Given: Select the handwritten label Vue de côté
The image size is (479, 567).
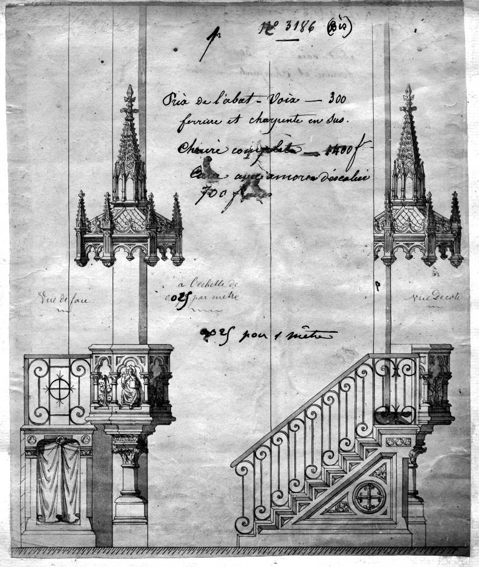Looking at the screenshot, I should click(x=422, y=296).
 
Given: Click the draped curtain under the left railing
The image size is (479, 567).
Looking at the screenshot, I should click(x=59, y=479).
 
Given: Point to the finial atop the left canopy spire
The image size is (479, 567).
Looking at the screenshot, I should click(x=129, y=95).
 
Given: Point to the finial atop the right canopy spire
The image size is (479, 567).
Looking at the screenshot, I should click(x=408, y=94).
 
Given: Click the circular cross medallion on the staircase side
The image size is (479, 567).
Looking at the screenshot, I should click(x=369, y=497).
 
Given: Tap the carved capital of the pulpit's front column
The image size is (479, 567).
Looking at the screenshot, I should click(x=130, y=451).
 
